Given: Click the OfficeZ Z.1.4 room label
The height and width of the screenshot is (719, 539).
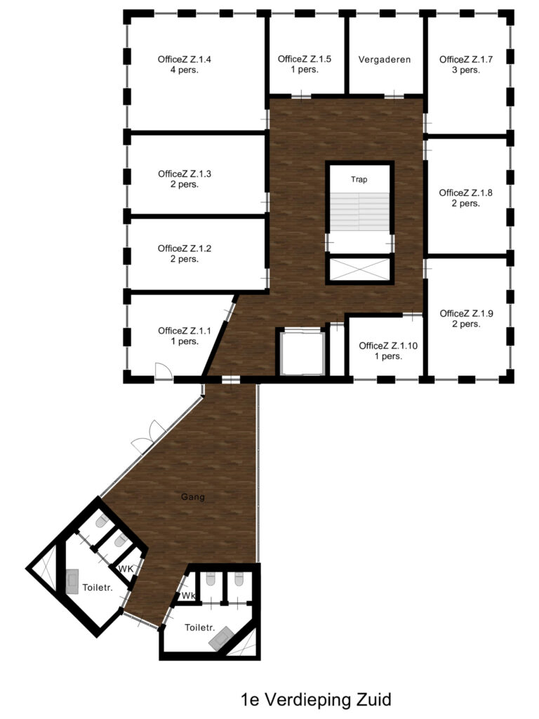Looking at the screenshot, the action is [x=185, y=65].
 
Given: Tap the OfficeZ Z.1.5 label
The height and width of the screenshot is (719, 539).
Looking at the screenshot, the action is [x=305, y=64].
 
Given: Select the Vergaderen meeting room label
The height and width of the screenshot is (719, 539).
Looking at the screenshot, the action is [x=385, y=60].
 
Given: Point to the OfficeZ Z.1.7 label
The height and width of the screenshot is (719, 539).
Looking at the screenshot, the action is [x=466, y=65].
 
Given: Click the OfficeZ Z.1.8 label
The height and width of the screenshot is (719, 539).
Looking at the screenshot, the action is [x=466, y=198].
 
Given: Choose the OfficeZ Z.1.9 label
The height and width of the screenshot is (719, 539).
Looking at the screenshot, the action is [x=466, y=319].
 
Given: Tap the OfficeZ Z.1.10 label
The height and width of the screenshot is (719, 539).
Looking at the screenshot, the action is [x=388, y=351].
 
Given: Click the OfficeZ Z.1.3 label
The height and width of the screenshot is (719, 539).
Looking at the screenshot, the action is [x=185, y=179].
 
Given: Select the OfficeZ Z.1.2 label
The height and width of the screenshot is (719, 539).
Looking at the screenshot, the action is [x=185, y=253].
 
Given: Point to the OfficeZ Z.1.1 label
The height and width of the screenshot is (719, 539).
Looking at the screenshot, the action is [x=185, y=336].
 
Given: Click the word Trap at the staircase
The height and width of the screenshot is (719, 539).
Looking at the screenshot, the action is [x=359, y=179].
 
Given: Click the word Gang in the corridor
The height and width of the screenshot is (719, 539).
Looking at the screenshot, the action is [x=192, y=496].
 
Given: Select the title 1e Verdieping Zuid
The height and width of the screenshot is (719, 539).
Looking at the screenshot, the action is [x=316, y=700].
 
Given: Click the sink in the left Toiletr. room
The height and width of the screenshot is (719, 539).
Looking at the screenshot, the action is [x=72, y=582].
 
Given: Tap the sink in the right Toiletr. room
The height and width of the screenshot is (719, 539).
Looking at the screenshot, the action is [x=221, y=638].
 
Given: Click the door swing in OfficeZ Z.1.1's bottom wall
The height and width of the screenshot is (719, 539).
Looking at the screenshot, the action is [x=163, y=372].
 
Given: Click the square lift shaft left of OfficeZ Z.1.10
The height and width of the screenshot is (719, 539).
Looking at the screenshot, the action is [x=302, y=352].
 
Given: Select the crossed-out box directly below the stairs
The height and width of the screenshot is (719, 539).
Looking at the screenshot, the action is [x=359, y=269].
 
